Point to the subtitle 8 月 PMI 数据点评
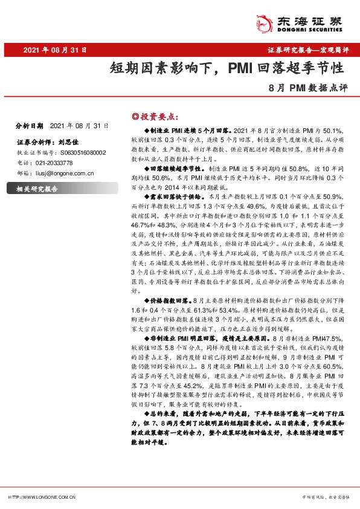click(310, 88)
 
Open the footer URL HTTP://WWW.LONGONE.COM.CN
click(41, 497)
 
